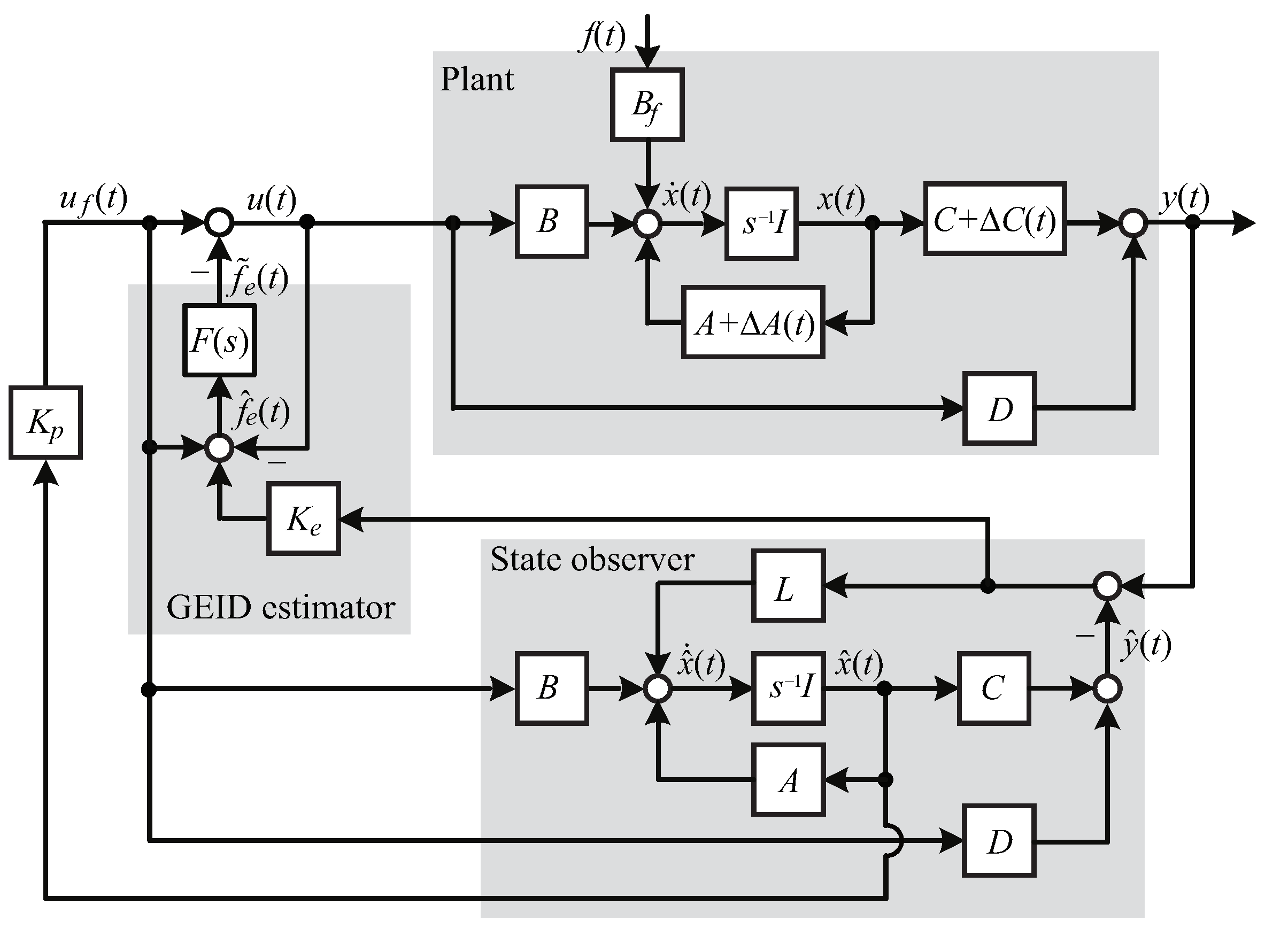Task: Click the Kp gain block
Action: click(45, 422)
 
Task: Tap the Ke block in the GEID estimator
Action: click(304, 518)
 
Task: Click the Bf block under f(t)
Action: click(647, 105)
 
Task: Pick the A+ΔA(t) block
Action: click(754, 323)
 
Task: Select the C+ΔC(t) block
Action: click(994, 219)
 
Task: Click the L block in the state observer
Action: click(789, 585)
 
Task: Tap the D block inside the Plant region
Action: click(999, 409)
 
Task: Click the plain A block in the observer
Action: click(789, 780)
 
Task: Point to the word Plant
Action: click(476, 79)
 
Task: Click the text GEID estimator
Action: click(281, 608)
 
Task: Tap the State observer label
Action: click(592, 560)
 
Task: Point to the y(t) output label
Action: click(1183, 198)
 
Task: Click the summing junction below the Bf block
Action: click(647, 223)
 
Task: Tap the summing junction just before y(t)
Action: click(1133, 223)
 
